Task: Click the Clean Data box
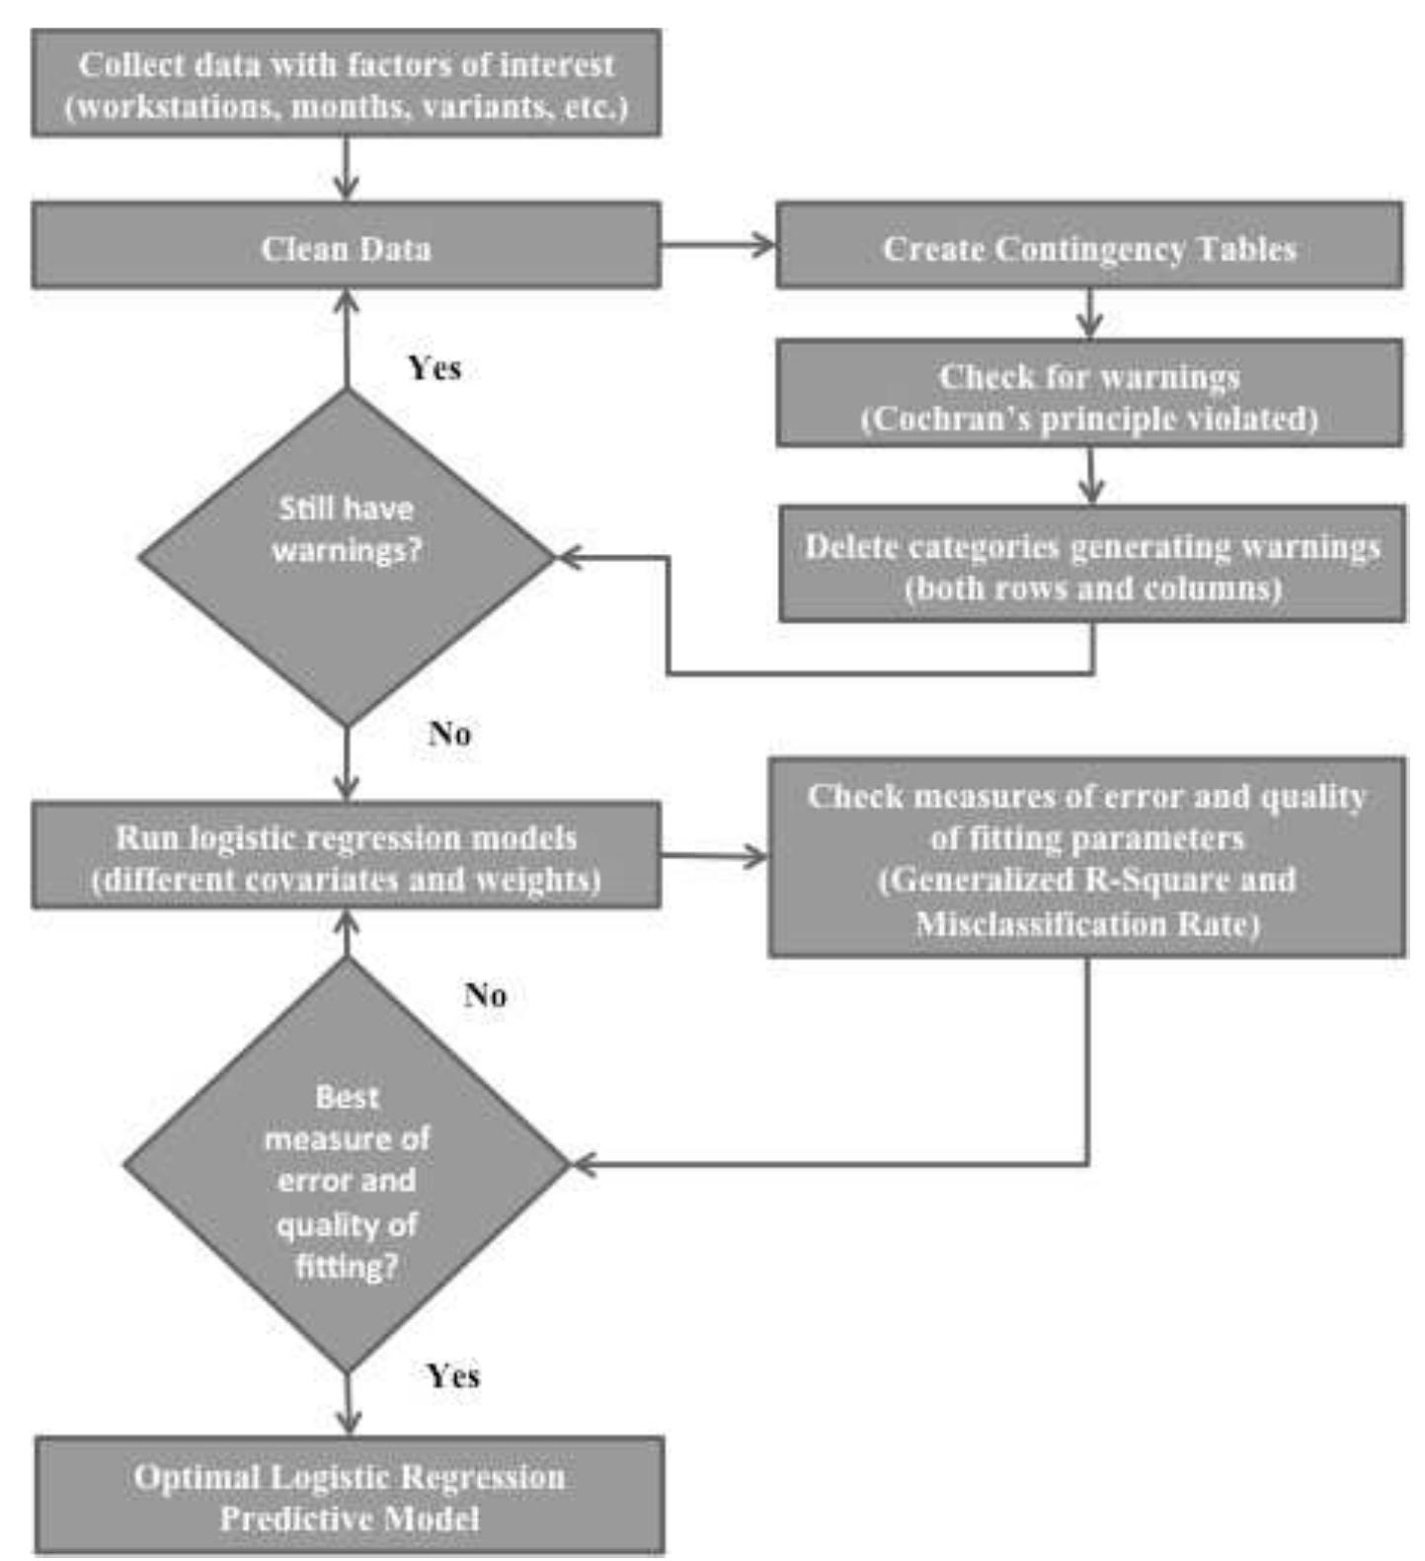coord(346,246)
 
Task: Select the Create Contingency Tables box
coord(1088,246)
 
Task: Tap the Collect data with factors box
coord(346,84)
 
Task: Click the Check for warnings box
coord(1088,395)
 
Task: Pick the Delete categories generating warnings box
coord(1091,565)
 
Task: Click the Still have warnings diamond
coord(346,556)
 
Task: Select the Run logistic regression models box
coord(346,856)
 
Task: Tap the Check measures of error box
coord(1086,857)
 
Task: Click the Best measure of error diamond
coord(346,1165)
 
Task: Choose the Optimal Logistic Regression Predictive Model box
coord(350,1496)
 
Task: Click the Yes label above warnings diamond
coord(435,368)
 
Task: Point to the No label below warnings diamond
coord(449,734)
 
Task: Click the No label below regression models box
coord(485,994)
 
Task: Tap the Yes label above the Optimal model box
coord(453,1375)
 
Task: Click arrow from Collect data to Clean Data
coord(346,170)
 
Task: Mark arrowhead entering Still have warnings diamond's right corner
coord(571,557)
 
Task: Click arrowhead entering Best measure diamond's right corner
coord(585,1165)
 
